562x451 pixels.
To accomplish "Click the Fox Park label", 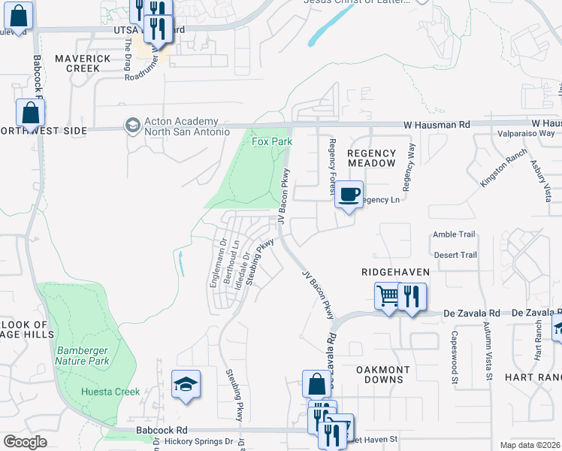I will (271, 141).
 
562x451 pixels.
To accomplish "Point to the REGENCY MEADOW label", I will (371, 158).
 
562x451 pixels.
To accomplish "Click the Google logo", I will (25, 441).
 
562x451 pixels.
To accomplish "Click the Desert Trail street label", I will (455, 255).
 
